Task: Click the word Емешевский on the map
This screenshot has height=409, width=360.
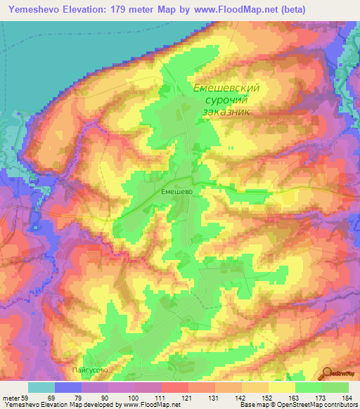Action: tap(226, 89)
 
